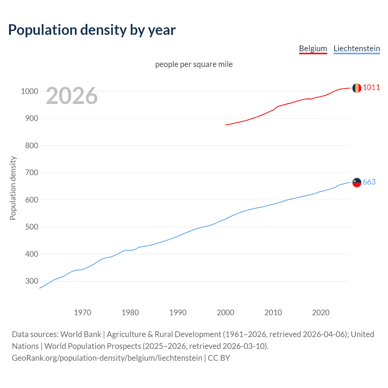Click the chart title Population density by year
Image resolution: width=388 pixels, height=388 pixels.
click(x=92, y=30)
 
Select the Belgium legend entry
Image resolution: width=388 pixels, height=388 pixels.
click(x=313, y=48)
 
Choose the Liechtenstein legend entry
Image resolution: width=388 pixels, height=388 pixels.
click(x=356, y=48)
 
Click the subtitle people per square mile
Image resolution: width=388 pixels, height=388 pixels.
click(x=194, y=64)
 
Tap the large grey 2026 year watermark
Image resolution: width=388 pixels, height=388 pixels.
click(x=72, y=96)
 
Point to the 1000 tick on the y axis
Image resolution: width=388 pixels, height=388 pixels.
click(x=29, y=91)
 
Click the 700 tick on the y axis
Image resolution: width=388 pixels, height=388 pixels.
click(x=32, y=173)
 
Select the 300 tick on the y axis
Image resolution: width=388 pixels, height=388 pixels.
click(x=32, y=281)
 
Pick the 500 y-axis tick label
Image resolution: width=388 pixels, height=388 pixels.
click(x=32, y=227)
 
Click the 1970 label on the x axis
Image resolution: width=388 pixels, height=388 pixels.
click(x=82, y=313)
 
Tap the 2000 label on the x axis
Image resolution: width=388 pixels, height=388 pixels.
click(x=225, y=313)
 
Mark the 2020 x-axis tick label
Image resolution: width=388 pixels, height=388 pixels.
click(x=321, y=313)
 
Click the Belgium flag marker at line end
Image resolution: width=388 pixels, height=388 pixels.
click(x=357, y=88)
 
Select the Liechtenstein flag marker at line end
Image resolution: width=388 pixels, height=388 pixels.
click(x=357, y=182)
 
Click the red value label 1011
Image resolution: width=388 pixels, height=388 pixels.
click(x=371, y=88)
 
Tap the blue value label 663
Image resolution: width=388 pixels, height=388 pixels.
click(x=369, y=182)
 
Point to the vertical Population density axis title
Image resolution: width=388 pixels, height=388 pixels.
click(x=13, y=188)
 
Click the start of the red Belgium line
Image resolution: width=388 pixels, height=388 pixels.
click(x=226, y=125)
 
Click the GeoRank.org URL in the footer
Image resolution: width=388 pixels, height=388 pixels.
click(x=107, y=358)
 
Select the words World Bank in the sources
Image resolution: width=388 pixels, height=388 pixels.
click(x=81, y=334)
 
